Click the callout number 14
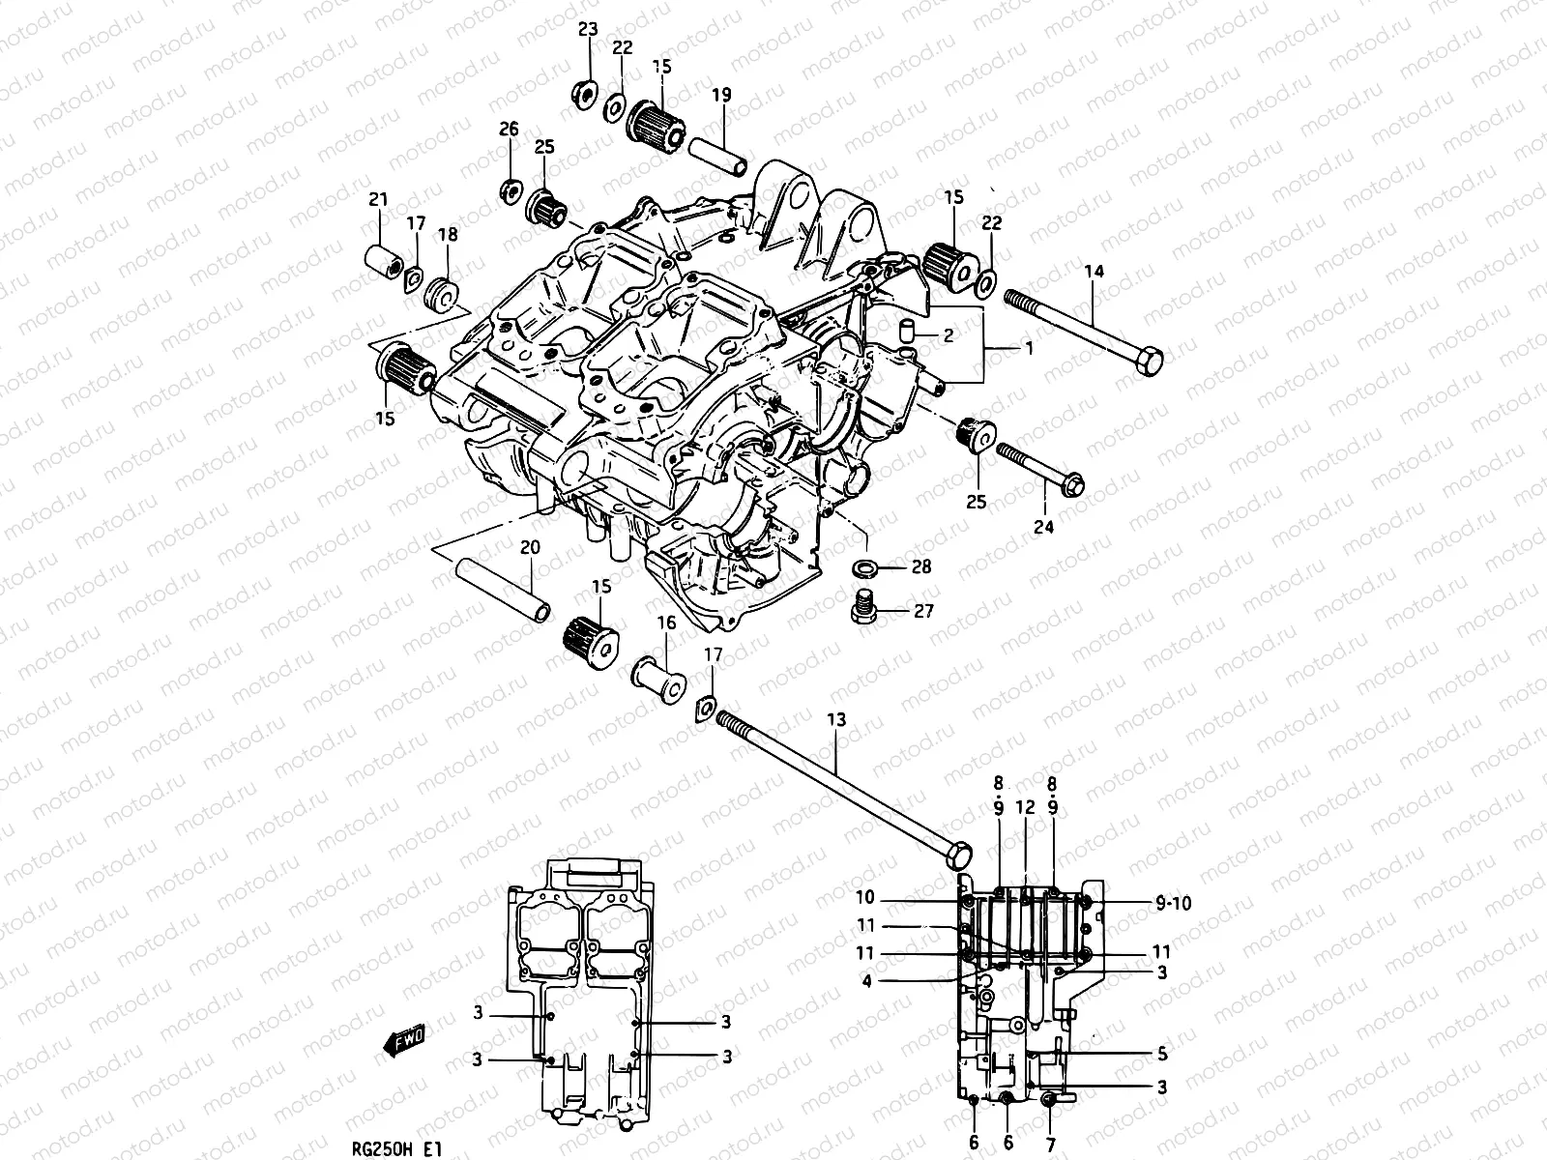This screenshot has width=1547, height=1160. [x=1094, y=273]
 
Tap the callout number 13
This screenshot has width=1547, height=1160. [x=836, y=719]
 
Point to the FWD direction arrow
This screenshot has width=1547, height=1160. [x=403, y=1042]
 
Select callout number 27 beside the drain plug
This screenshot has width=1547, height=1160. [x=923, y=612]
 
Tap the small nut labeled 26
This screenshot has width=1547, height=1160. [x=510, y=189]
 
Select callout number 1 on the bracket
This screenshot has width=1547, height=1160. [x=1029, y=349]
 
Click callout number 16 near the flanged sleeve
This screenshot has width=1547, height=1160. [x=667, y=623]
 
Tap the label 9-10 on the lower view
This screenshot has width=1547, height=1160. [x=1173, y=904]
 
